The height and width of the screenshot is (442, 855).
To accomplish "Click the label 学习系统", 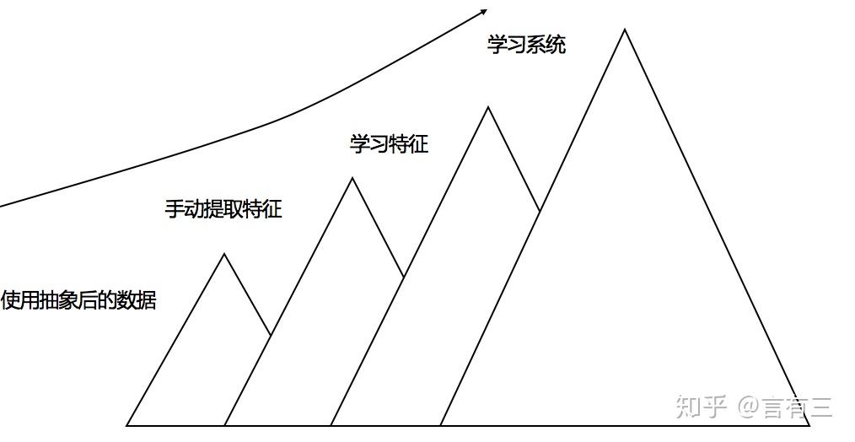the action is pyautogui.click(x=526, y=45).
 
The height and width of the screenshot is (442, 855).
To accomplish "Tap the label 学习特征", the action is pyautogui.click(x=389, y=143).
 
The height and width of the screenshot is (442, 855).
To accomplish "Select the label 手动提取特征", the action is pyautogui.click(x=223, y=208).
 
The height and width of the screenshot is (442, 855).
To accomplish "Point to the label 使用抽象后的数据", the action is pyautogui.click(x=78, y=299).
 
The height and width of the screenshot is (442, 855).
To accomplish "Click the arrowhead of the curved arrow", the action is pyautogui.click(x=483, y=11).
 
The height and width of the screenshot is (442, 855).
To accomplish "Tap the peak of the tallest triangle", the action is pyautogui.click(x=625, y=30).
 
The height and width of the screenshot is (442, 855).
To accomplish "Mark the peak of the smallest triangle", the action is pyautogui.click(x=224, y=253).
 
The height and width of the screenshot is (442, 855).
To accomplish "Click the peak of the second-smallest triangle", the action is pyautogui.click(x=352, y=177).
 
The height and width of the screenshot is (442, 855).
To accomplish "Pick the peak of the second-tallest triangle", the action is pyautogui.click(x=488, y=106).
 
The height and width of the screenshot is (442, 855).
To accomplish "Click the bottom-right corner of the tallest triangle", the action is pyautogui.click(x=810, y=425).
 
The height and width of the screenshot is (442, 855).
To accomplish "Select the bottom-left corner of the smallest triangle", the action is pyautogui.click(x=126, y=425).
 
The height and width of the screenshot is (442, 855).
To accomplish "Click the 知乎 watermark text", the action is pyautogui.click(x=701, y=407).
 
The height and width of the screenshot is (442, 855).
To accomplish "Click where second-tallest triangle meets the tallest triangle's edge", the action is pyautogui.click(x=540, y=209).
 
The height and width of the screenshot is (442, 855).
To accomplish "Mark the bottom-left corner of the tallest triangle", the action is pyautogui.click(x=440, y=425).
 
